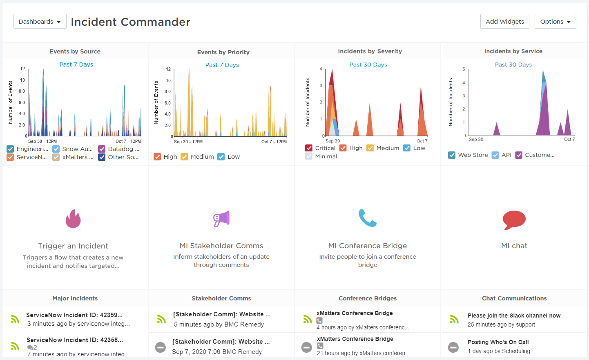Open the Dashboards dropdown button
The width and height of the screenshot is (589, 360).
point(40,22)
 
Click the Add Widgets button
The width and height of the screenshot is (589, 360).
point(504,22)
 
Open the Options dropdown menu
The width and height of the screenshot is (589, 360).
point(555,22)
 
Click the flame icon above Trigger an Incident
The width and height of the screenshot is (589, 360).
point(73,219)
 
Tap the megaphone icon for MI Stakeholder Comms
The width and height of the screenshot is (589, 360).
point(221,219)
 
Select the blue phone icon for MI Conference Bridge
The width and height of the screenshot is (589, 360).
point(367,218)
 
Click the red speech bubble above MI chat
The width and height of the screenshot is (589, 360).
point(514,220)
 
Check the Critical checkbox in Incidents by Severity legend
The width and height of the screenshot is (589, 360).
point(309,148)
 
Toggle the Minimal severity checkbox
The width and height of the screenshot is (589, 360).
point(309,156)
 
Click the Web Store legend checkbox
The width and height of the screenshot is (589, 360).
point(452,155)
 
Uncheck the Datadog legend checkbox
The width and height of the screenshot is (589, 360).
point(102,149)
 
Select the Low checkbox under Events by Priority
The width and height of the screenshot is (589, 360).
point(221,157)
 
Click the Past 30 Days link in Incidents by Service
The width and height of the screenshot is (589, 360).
point(513,64)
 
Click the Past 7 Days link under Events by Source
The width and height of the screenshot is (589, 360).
point(76,64)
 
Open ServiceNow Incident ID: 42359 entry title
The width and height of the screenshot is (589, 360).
point(74,315)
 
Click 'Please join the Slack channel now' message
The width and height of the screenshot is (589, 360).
point(514,316)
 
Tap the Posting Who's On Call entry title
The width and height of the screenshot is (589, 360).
point(498,342)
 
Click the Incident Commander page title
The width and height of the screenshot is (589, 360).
point(130,22)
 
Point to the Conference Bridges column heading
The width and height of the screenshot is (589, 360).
point(367,298)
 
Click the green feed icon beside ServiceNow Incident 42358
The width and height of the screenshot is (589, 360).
point(15,346)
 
